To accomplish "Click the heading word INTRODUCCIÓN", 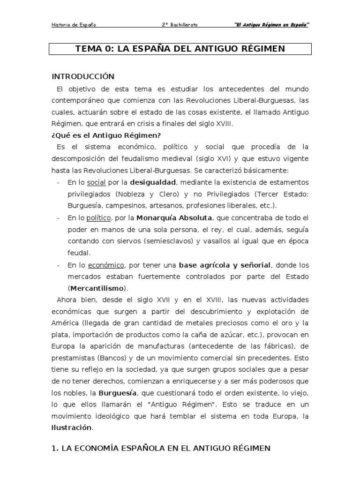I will click(x=83, y=76).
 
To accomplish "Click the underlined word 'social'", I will click(x=97, y=181).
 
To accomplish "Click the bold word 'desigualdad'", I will click(x=153, y=181).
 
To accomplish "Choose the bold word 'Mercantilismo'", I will click(x=98, y=288).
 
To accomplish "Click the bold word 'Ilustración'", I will click(x=72, y=427).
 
